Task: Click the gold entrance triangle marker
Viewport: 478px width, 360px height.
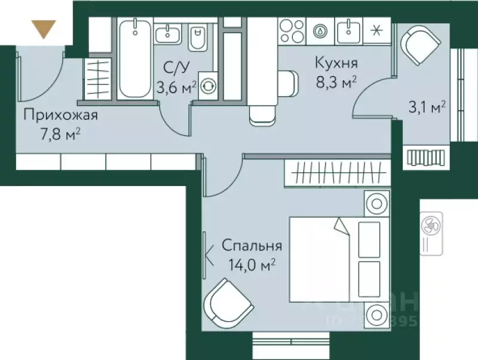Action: point(44,29)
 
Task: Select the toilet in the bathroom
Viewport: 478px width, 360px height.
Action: point(197,39)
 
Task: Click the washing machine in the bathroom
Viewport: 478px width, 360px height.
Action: point(209,86)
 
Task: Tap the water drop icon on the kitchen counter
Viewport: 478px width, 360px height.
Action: point(321,30)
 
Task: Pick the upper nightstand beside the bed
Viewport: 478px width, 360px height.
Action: point(376,203)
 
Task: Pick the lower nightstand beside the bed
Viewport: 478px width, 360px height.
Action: point(376,313)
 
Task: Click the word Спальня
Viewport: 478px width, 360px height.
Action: point(252,245)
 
